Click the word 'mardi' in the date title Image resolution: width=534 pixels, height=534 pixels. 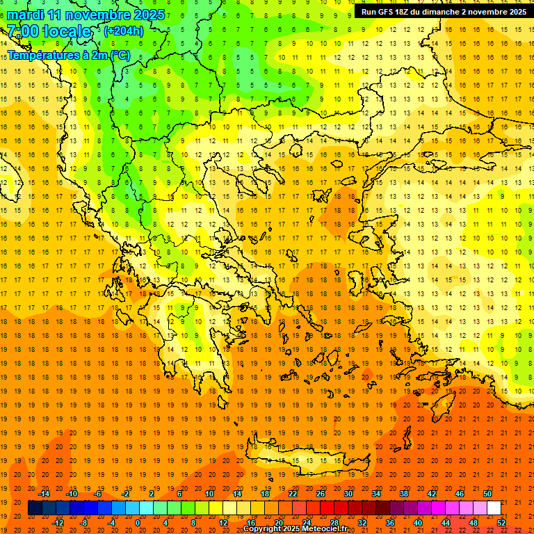[x=24, y=15]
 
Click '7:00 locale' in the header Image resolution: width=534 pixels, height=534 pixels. [x=49, y=31]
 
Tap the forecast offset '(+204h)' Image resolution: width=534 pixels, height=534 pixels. [x=123, y=31]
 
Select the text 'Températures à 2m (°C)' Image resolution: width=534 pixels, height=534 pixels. [x=68, y=55]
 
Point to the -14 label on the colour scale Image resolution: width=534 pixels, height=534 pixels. [x=44, y=494]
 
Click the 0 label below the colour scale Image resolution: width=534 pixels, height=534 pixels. [x=138, y=522]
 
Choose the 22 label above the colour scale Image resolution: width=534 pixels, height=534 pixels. [x=293, y=494]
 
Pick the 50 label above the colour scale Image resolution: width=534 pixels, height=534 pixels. [x=488, y=494]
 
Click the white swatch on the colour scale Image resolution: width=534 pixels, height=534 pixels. [x=494, y=508]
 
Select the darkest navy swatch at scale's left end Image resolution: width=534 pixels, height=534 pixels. [x=35, y=508]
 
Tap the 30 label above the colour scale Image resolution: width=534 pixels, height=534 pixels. [x=348, y=494]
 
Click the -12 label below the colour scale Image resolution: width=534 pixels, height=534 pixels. [x=58, y=522]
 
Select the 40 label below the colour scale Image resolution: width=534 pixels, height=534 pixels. [x=418, y=522]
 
